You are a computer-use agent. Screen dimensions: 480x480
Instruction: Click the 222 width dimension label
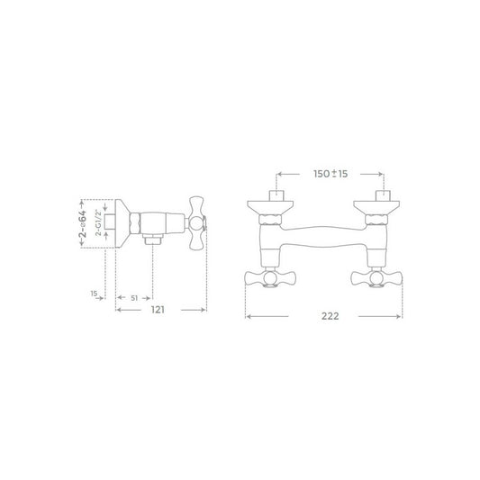330,316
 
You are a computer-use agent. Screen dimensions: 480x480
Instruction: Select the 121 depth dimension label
158,310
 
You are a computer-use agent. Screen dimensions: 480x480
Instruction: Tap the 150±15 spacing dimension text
331,174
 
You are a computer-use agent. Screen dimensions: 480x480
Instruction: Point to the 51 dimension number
134,298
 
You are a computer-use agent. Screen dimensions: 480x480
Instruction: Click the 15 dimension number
94,294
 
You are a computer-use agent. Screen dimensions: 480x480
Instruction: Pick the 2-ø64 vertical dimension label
83,223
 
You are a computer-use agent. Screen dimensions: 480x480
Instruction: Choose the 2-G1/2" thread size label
98,222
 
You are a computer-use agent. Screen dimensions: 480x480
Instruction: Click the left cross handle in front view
270,278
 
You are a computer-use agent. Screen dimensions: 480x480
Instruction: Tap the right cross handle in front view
376,278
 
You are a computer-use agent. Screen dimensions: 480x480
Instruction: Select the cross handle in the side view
196,223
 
